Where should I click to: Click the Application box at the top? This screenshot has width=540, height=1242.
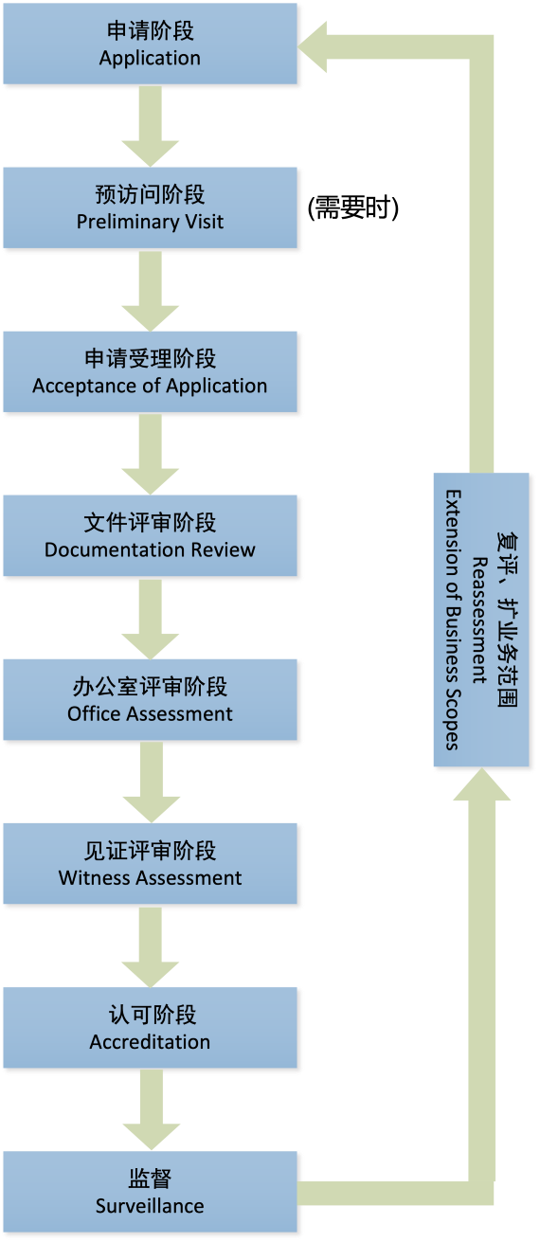tap(151, 44)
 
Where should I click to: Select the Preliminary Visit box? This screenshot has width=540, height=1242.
tap(151, 207)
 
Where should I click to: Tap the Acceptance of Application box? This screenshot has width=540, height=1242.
tap(151, 371)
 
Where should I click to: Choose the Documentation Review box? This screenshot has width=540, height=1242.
tap(151, 535)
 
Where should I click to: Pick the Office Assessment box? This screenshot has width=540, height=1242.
tap(151, 700)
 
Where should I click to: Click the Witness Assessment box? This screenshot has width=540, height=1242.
tap(151, 864)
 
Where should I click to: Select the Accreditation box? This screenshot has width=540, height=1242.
tap(151, 1028)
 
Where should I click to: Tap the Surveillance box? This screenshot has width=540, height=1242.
tap(151, 1192)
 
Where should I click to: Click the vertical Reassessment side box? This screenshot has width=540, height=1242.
tap(481, 620)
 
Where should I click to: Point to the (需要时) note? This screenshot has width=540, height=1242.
tap(353, 207)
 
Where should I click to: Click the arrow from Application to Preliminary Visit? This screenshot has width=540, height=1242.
tap(151, 126)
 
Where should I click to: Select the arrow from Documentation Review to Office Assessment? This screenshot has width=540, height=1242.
tap(151, 620)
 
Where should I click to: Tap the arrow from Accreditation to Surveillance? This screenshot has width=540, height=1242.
tap(152, 1109)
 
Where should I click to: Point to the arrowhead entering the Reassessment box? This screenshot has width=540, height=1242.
tap(482, 784)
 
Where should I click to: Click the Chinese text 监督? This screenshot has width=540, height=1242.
tap(150, 1179)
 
